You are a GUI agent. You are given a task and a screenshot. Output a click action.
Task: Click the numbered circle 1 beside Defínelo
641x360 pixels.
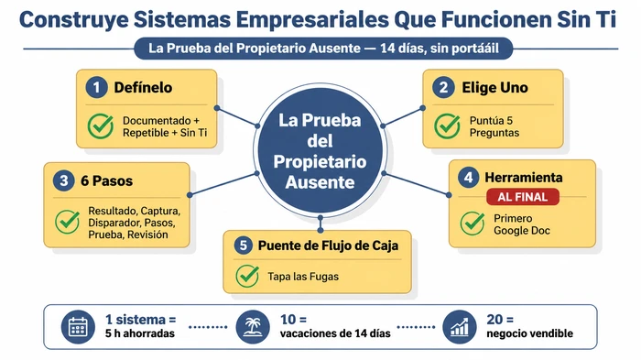click(96, 88)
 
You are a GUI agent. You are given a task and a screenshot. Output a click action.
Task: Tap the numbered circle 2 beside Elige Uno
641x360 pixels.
click(444, 88)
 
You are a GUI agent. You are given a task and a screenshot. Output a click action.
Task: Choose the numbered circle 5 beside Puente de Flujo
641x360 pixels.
click(244, 245)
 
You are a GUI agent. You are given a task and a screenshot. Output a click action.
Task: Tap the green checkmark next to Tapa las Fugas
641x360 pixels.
click(247, 276)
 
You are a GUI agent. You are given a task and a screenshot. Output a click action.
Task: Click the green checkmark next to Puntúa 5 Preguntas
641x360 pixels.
click(447, 125)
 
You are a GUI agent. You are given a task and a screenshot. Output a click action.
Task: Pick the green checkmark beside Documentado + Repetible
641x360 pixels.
click(100, 126)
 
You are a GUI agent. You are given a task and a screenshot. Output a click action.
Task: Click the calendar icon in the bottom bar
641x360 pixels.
click(78, 326)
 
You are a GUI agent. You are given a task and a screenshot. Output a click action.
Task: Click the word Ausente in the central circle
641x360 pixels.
click(320, 182)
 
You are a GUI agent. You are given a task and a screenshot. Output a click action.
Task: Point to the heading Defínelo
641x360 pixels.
click(143, 88)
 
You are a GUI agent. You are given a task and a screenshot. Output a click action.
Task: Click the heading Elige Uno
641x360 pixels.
click(494, 88)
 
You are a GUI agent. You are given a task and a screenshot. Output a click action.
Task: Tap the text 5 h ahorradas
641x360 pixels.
click(139, 334)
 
